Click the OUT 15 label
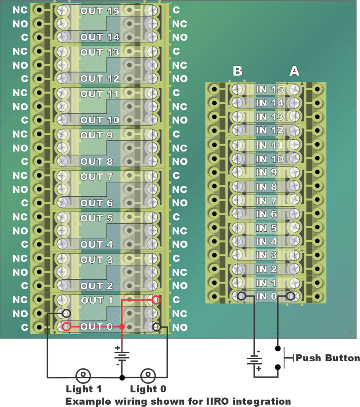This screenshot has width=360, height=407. (100, 11)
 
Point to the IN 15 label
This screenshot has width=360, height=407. (270, 89)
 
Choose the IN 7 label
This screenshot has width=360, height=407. (267, 200)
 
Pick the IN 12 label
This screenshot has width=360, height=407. (270, 130)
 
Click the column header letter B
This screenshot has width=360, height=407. (237, 71)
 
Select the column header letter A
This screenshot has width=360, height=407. (294, 71)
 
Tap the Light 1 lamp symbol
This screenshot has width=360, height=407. (84, 375)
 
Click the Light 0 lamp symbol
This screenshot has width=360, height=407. (148, 375)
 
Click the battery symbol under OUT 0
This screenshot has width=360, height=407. (122, 355)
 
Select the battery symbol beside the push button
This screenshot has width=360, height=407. (254, 361)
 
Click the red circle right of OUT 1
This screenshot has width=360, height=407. (156, 300)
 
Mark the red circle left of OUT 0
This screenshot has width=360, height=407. (66, 327)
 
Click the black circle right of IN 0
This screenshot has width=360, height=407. (290, 296)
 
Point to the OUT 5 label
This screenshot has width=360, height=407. (97, 218)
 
